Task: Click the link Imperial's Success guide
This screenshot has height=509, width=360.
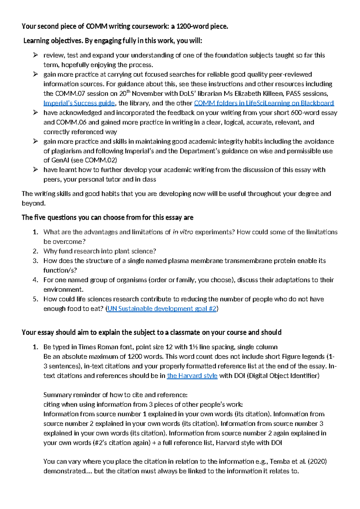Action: tap(79, 103)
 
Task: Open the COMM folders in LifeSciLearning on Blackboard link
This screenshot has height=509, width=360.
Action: tap(264, 103)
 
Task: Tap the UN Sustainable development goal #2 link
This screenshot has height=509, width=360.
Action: tap(162, 309)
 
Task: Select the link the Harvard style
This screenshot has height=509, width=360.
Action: tap(192, 376)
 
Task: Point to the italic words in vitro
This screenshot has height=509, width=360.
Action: tap(183, 232)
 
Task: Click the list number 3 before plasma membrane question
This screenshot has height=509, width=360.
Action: tap(35, 261)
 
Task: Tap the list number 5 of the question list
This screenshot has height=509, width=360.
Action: tap(35, 299)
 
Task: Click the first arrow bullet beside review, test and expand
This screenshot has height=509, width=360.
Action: tap(35, 55)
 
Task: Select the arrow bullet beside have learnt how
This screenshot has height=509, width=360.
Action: tap(35, 170)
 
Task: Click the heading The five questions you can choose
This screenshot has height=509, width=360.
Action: tap(107, 218)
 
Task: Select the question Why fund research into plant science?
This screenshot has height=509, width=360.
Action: tap(100, 251)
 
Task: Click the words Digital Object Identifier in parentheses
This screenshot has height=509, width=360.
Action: tap(283, 376)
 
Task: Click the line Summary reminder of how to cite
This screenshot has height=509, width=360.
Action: tap(115, 395)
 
